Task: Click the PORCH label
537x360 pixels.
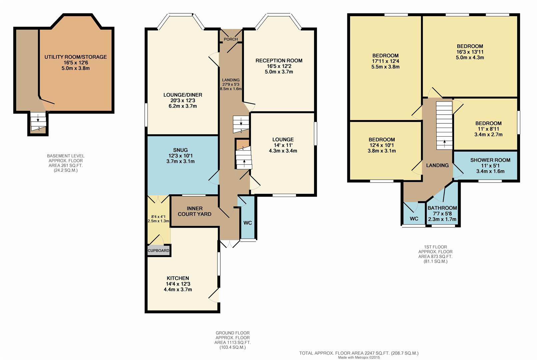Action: click(x=231, y=39)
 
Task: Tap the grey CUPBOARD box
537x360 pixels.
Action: click(x=158, y=251)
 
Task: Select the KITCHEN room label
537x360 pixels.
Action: click(x=178, y=278)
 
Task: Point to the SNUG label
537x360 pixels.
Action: click(x=180, y=150)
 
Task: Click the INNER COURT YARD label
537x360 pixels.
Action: click(x=194, y=211)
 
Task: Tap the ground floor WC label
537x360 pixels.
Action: click(x=248, y=223)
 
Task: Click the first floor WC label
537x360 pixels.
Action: click(x=414, y=219)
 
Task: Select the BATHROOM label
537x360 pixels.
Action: click(x=442, y=208)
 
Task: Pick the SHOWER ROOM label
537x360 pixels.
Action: click(x=490, y=160)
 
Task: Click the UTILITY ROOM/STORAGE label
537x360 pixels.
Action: click(x=76, y=57)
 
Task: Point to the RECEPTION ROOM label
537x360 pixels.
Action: click(x=279, y=60)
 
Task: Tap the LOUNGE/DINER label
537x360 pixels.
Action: click(x=183, y=95)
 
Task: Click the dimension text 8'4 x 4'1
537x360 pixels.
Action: click(x=158, y=217)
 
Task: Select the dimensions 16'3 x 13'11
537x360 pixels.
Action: click(x=470, y=52)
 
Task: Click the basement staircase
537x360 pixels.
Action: click(x=38, y=122)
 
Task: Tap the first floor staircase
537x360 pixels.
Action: click(x=444, y=126)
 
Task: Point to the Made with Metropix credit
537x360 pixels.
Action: click(x=359, y=357)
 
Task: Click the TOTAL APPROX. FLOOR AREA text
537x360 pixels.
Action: click(x=359, y=353)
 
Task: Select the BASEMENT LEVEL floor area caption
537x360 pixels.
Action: click(x=66, y=163)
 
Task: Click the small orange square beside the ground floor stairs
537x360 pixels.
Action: click(x=243, y=144)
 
